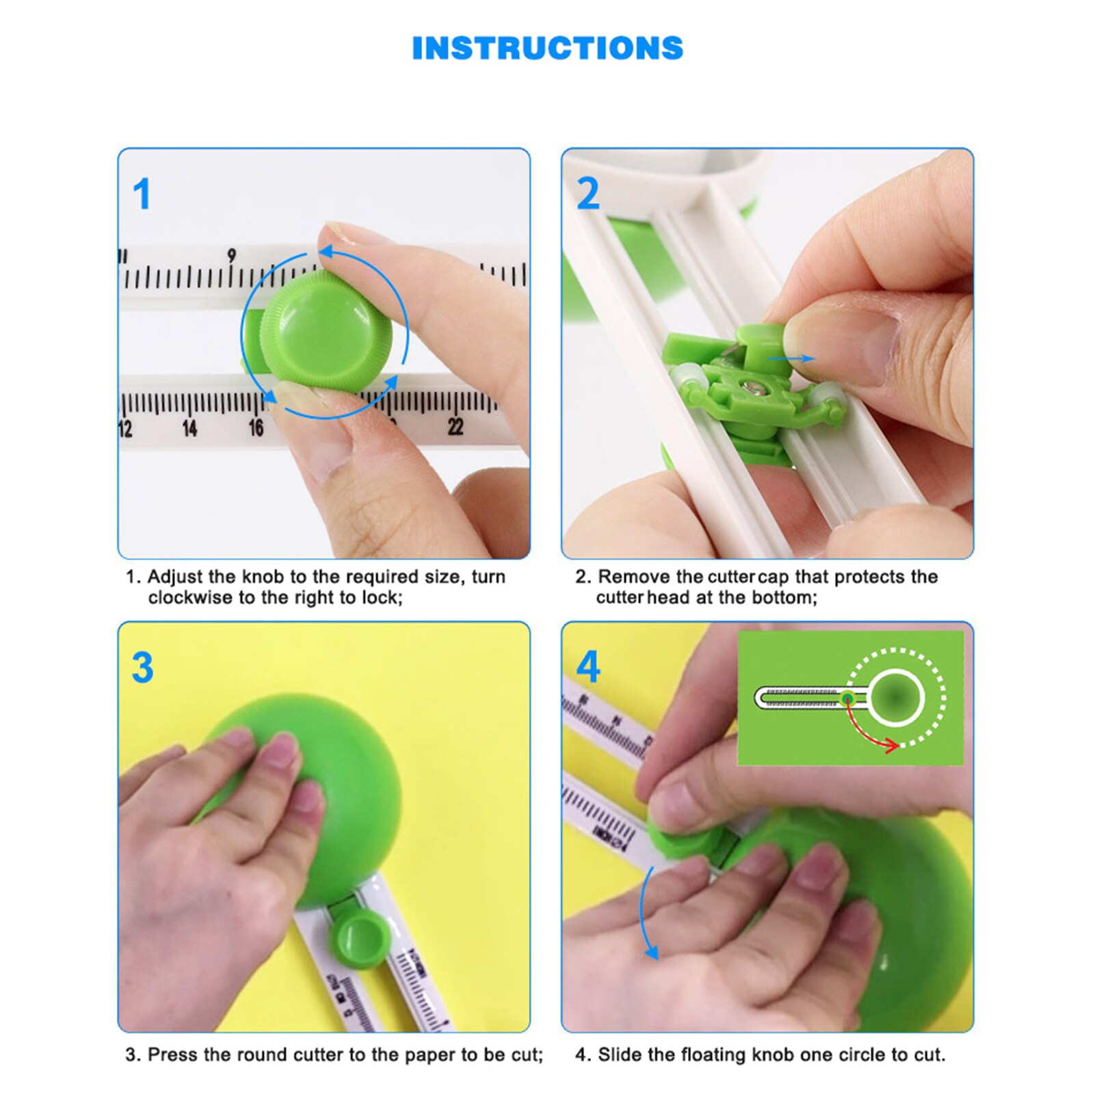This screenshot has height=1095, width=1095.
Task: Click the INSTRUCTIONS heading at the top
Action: tap(547, 49)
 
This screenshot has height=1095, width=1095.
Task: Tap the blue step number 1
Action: tap(142, 194)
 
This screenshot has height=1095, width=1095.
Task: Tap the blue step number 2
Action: tap(588, 194)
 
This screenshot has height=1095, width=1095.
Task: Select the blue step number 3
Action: tap(142, 668)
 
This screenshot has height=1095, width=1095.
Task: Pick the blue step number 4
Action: tap(588, 668)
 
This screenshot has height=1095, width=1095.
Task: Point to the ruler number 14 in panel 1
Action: tap(189, 429)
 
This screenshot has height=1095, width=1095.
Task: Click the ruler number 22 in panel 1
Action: tap(456, 427)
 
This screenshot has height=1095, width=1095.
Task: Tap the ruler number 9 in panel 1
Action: tap(232, 255)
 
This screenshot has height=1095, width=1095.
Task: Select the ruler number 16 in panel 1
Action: tap(256, 428)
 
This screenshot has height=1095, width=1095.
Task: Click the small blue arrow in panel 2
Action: tap(791, 358)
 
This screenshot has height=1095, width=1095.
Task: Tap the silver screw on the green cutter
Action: tap(756, 388)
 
